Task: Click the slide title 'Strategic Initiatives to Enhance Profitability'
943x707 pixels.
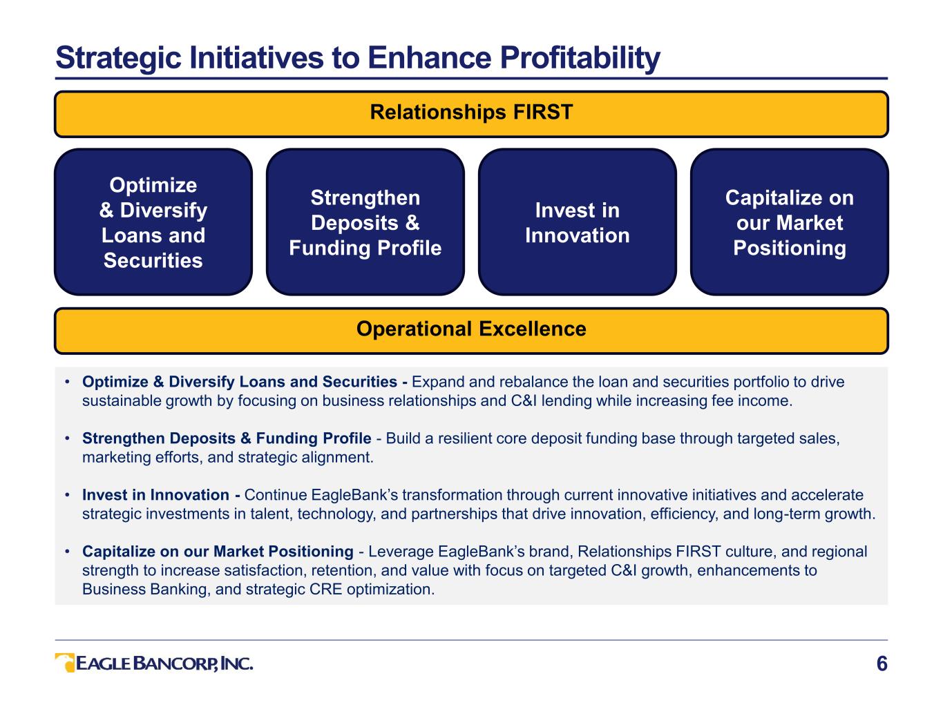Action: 358,58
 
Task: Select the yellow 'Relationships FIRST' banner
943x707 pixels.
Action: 471,114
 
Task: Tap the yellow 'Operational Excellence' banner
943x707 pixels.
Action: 471,331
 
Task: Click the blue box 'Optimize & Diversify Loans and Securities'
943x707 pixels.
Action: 153,222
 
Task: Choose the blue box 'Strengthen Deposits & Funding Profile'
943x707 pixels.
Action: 365,222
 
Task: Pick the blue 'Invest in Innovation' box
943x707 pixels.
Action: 578,222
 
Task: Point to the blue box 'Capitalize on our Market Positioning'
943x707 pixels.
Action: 790,222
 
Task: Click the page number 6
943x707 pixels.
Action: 882,664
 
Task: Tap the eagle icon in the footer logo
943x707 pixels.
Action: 65,663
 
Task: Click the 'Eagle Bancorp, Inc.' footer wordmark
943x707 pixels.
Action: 164,664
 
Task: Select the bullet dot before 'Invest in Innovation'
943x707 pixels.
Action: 67,495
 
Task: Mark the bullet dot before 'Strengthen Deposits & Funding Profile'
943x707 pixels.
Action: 67,438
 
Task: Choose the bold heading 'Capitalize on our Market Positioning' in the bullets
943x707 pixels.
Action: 218,552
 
